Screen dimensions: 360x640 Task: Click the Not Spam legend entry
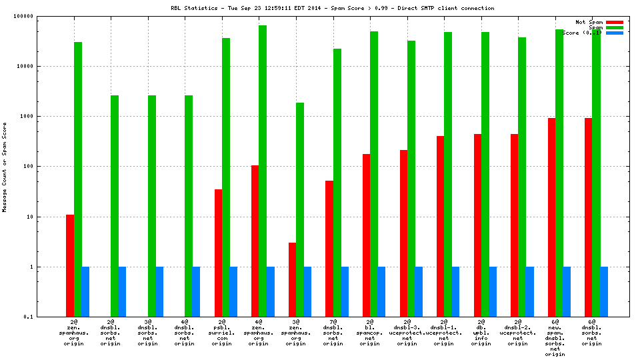[x=589, y=22]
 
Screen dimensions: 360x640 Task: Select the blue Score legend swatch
[x=615, y=33]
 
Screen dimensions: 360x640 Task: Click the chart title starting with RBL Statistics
[x=332, y=8]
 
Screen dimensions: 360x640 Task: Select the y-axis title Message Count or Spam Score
[x=5, y=167]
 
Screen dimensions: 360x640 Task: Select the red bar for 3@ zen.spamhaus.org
[x=293, y=279]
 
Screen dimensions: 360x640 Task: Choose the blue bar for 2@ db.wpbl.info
[x=493, y=291]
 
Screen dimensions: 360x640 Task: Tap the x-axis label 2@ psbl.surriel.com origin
[x=223, y=333]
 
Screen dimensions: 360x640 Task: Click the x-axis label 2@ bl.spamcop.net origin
[x=371, y=333]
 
